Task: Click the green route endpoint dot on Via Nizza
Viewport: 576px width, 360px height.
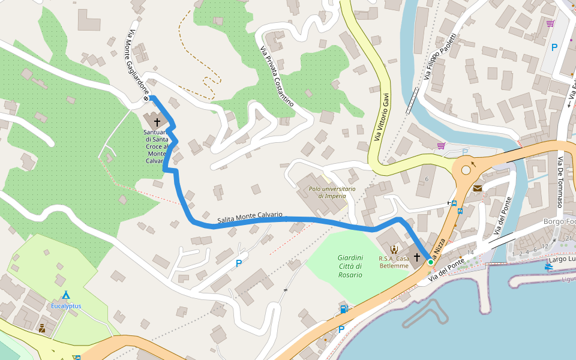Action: (430, 262)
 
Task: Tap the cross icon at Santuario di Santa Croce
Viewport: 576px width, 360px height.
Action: (157, 121)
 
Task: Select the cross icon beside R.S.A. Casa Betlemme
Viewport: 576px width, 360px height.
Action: (417, 257)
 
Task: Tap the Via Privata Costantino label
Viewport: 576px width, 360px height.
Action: (277, 77)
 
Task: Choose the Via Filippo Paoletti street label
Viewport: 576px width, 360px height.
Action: (440, 56)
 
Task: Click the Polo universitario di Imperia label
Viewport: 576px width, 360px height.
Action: (332, 192)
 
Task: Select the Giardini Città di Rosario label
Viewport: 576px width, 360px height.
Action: (350, 266)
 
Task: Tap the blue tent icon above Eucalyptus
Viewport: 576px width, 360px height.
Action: (66, 295)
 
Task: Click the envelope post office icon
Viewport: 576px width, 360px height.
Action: (477, 188)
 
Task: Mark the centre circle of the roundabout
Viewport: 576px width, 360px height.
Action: (466, 170)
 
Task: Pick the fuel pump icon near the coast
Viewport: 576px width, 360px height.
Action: (343, 310)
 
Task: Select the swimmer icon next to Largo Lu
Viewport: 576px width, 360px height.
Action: (549, 266)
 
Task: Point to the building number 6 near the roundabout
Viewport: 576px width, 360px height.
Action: (427, 179)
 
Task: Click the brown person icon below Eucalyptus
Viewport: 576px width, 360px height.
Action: (42, 328)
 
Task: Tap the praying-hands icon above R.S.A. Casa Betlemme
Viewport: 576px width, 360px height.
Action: (394, 249)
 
